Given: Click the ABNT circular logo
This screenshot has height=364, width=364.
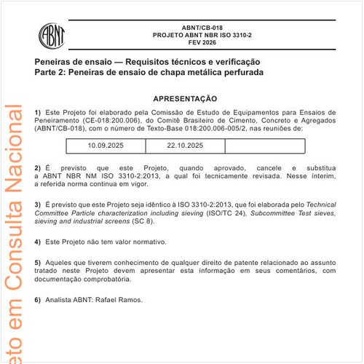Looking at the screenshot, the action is tap(52, 34).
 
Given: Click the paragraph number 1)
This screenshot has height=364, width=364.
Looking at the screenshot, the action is tap(38, 112).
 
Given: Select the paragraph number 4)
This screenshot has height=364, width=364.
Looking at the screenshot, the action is tap(38, 241).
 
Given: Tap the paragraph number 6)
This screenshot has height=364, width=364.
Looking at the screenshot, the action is tap(38, 300).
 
